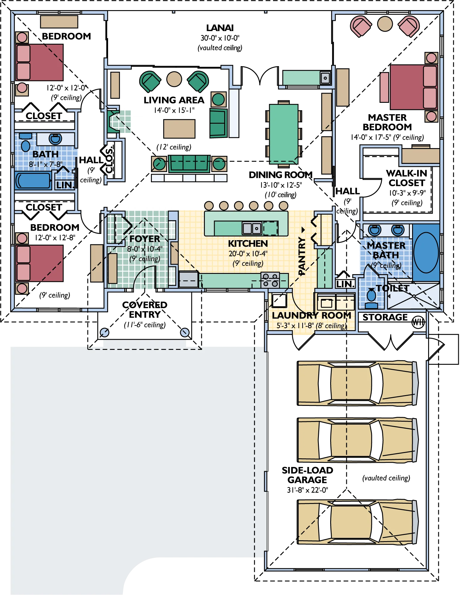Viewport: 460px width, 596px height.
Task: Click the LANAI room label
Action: click(x=220, y=28)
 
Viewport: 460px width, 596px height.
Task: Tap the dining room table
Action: click(x=283, y=134)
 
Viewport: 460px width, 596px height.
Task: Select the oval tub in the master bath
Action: click(x=426, y=253)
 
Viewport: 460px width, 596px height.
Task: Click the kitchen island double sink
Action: click(x=252, y=228)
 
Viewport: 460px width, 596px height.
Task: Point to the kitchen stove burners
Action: click(x=270, y=280)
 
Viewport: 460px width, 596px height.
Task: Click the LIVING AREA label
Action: click(x=174, y=100)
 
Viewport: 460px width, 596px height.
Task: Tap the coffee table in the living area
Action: click(x=179, y=129)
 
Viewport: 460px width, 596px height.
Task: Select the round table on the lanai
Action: click(x=385, y=24)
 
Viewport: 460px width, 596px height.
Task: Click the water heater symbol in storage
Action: click(x=418, y=322)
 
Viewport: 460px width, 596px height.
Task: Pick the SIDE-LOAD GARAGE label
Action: click(x=307, y=475)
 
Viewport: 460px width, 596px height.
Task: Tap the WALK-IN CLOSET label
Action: click(x=406, y=178)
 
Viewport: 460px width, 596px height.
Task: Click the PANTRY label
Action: click(x=302, y=256)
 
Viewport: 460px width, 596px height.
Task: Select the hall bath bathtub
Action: click(x=33, y=181)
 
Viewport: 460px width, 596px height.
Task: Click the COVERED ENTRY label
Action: click(x=145, y=310)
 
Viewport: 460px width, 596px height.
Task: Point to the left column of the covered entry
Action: click(x=104, y=332)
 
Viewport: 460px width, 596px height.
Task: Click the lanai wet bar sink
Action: click(x=325, y=78)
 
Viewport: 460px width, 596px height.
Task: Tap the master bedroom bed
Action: click(x=413, y=87)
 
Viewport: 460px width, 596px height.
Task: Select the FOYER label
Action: click(x=145, y=239)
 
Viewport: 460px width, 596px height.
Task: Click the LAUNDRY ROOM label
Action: click(x=311, y=315)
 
